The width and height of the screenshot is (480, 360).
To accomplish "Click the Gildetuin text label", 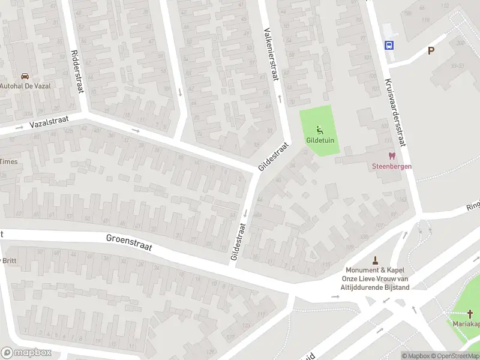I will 321,140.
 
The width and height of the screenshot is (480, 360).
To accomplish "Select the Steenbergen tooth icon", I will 392,155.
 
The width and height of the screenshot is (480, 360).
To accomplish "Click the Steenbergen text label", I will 391,166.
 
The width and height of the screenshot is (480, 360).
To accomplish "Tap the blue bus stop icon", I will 389,44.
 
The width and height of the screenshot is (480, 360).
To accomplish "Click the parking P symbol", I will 431,51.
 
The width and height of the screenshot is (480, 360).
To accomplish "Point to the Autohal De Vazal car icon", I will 25,76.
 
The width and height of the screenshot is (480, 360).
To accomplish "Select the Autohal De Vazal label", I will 25,86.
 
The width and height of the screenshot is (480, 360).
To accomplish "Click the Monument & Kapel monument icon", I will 376,260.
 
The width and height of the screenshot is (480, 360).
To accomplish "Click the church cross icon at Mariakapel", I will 470,313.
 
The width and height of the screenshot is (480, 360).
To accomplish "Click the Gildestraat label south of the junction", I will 238,242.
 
